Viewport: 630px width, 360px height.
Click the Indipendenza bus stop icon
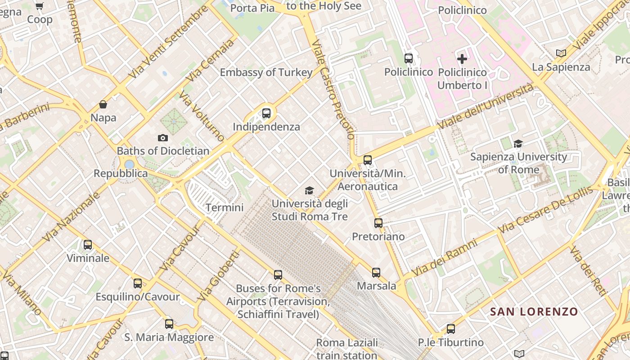click(266, 113)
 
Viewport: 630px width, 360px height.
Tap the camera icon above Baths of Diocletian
click(163, 138)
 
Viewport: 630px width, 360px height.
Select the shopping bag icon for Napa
click(103, 104)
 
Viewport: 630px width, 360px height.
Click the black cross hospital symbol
click(462, 58)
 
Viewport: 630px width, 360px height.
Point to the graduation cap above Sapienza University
click(518, 144)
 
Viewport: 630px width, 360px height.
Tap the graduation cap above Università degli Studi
click(309, 190)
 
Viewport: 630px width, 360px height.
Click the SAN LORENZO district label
click(534, 311)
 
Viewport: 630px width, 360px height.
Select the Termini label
click(225, 207)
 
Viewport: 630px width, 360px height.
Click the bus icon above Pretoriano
click(378, 223)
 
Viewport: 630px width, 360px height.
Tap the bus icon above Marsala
click(376, 272)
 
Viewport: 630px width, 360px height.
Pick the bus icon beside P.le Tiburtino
click(451, 329)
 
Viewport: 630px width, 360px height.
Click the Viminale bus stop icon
click(88, 245)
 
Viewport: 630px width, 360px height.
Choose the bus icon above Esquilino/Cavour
click(138, 283)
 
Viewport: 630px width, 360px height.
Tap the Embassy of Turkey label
click(266, 72)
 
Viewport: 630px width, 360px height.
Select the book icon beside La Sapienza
click(561, 53)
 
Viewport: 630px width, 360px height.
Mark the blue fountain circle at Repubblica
click(130, 164)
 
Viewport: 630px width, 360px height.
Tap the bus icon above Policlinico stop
click(409, 58)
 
